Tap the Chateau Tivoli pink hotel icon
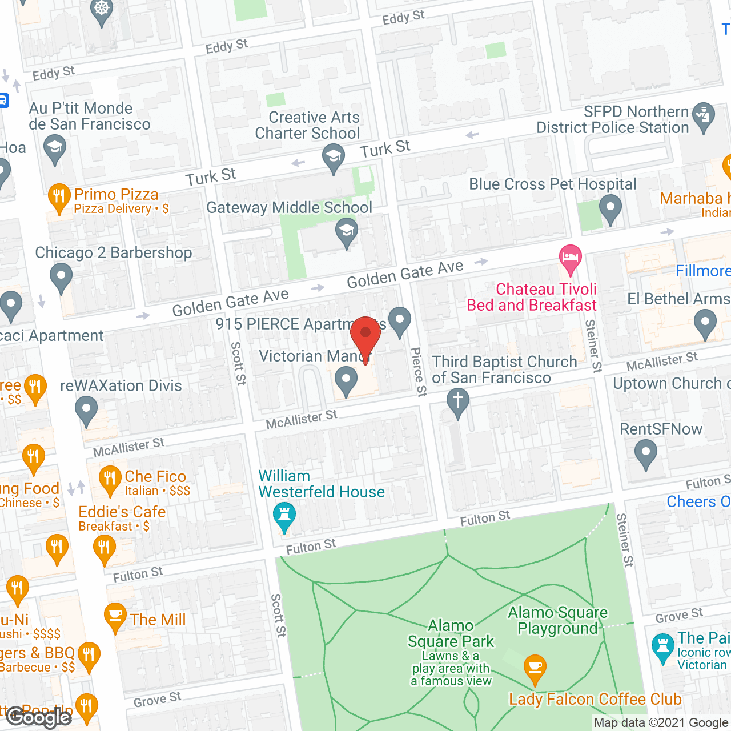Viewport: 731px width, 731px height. (570, 258)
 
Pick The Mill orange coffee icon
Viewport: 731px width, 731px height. (115, 617)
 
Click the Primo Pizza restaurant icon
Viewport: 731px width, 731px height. (59, 198)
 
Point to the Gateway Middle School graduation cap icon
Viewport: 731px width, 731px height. (346, 233)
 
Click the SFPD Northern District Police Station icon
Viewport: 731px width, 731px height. (703, 116)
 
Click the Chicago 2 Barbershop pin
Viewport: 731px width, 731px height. (61, 278)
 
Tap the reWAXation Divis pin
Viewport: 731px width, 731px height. (86, 410)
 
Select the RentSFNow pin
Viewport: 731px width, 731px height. (646, 455)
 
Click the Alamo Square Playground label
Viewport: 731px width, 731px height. (557, 621)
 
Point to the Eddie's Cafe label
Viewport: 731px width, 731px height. (122, 512)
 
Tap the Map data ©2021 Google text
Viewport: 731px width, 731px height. (661, 723)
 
